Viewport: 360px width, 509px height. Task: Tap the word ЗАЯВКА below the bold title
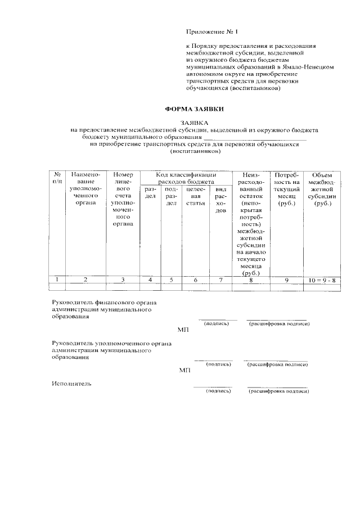pyautogui.click(x=194, y=122)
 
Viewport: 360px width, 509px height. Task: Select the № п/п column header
pyautogui.click(x=57, y=179)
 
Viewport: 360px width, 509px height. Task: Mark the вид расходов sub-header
pyautogui.click(x=221, y=200)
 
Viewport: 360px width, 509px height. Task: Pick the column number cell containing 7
pyautogui.click(x=221, y=280)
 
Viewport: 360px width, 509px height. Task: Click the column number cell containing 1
pyautogui.click(x=57, y=280)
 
